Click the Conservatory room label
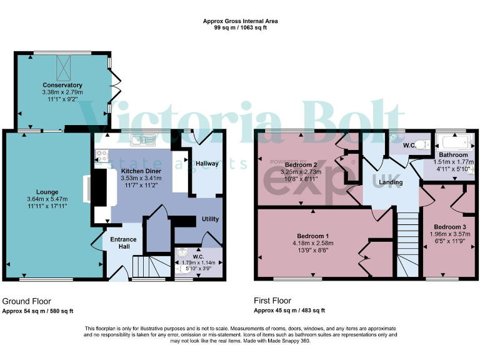pyautogui.click(x=62, y=85)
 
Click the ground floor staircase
pyautogui.click(x=151, y=269)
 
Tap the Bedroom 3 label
pyautogui.click(x=449, y=226)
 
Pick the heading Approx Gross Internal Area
pyautogui.click(x=241, y=21)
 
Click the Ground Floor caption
pyautogui.click(x=27, y=301)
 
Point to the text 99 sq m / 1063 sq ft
pyautogui.click(x=241, y=28)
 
